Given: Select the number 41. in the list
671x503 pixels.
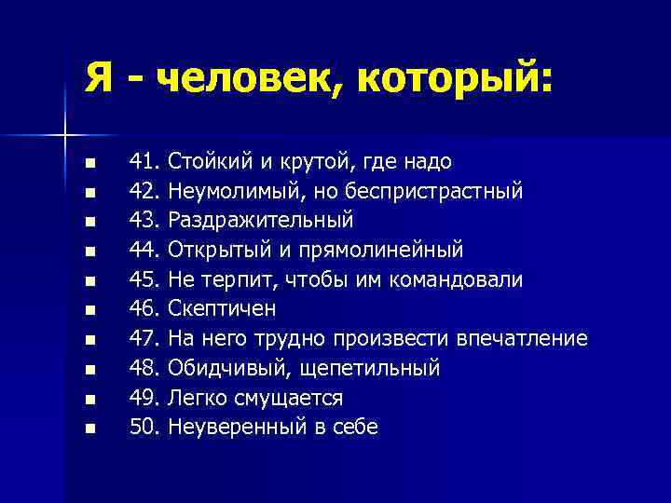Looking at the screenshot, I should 144,162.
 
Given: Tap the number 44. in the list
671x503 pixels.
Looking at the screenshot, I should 144,251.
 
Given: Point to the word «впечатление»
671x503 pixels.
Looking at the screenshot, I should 522,339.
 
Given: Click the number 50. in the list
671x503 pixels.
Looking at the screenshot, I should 144,428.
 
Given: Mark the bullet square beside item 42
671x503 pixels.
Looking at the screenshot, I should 89,194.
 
